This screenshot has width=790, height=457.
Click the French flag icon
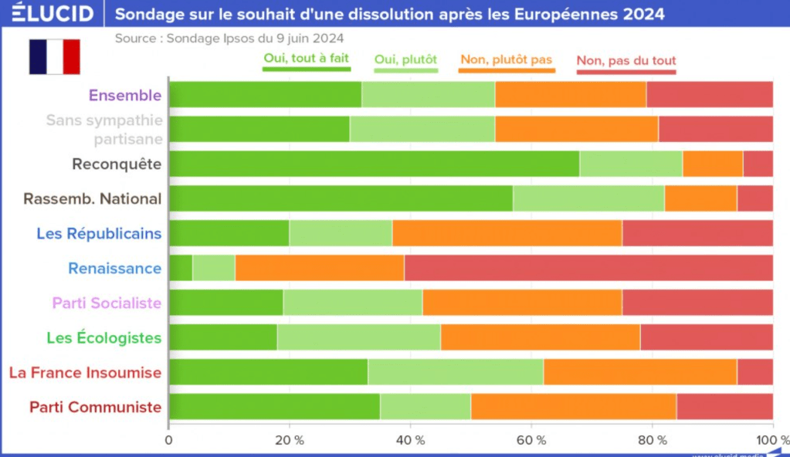click(x=54, y=56)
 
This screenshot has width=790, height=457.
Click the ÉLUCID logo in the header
click(x=53, y=14)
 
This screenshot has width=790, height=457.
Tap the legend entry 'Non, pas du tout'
click(x=626, y=61)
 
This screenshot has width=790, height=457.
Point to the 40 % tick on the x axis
click(x=410, y=440)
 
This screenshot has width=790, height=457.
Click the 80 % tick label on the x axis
click(x=652, y=440)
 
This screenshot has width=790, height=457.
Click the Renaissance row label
click(x=114, y=269)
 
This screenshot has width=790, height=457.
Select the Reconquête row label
click(x=117, y=164)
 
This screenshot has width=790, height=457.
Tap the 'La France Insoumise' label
click(x=85, y=373)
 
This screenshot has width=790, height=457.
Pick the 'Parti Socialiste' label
click(x=107, y=303)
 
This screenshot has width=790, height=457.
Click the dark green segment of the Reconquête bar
click(x=374, y=164)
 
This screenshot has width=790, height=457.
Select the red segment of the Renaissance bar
click(x=588, y=268)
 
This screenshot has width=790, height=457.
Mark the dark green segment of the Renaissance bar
click(x=181, y=268)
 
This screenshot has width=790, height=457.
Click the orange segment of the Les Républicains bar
click(x=507, y=233)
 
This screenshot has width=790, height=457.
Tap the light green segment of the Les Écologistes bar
click(x=358, y=337)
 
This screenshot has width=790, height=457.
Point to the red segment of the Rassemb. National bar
click(x=754, y=198)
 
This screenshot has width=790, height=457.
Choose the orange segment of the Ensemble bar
click(x=571, y=94)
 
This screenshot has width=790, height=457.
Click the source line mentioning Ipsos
click(x=229, y=38)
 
